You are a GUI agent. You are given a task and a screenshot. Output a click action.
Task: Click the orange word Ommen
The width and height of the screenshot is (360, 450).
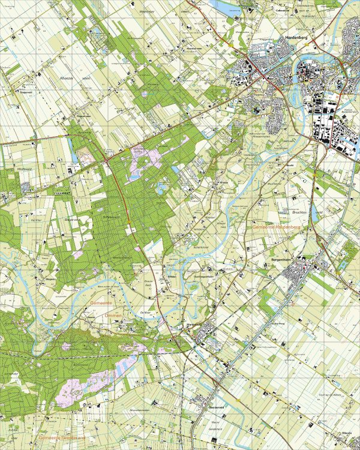(112, 316)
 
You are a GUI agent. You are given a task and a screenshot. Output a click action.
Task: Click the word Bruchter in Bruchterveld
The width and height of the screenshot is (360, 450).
(298, 212)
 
